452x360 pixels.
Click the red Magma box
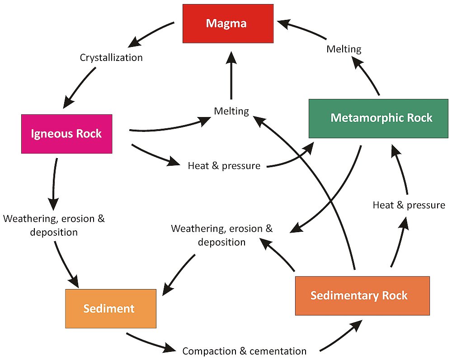228,23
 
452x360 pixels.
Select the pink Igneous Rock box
66,134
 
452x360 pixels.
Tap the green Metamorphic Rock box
378,118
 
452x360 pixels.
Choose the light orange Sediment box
111,309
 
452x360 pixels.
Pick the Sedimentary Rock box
362,296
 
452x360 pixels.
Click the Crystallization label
111,58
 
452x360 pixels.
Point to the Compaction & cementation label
244,351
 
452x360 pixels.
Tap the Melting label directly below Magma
231,111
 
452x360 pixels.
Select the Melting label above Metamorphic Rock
344,49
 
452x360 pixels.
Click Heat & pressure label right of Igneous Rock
224,166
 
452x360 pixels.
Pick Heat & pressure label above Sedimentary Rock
409,205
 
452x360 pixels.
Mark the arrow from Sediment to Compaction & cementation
149,343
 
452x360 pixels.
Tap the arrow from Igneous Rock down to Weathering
54,181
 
